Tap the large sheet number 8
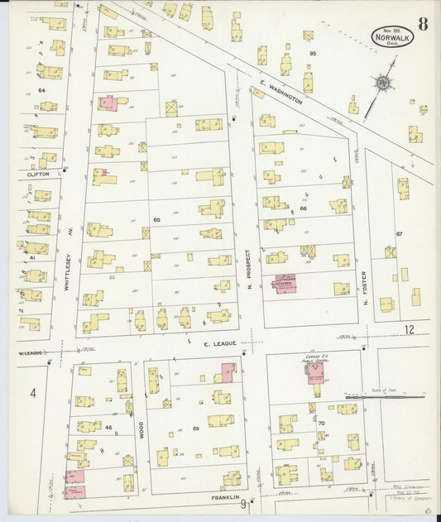(423, 23)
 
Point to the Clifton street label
(39, 174)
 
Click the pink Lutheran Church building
(284, 283)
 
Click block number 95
(313, 54)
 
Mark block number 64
(41, 89)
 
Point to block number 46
(108, 427)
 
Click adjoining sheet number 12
(409, 330)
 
